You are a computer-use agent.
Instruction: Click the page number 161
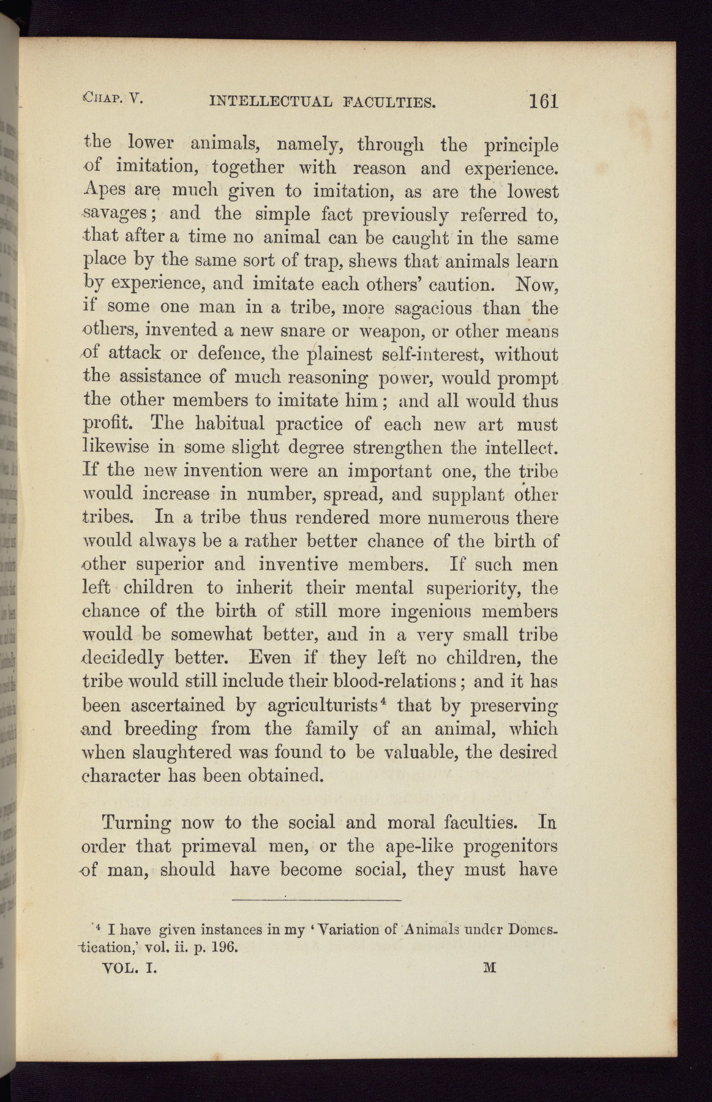[x=544, y=100]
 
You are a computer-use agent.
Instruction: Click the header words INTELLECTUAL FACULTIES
[x=323, y=102]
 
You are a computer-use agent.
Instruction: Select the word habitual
[x=230, y=424]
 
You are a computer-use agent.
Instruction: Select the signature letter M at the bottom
[x=489, y=968]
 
